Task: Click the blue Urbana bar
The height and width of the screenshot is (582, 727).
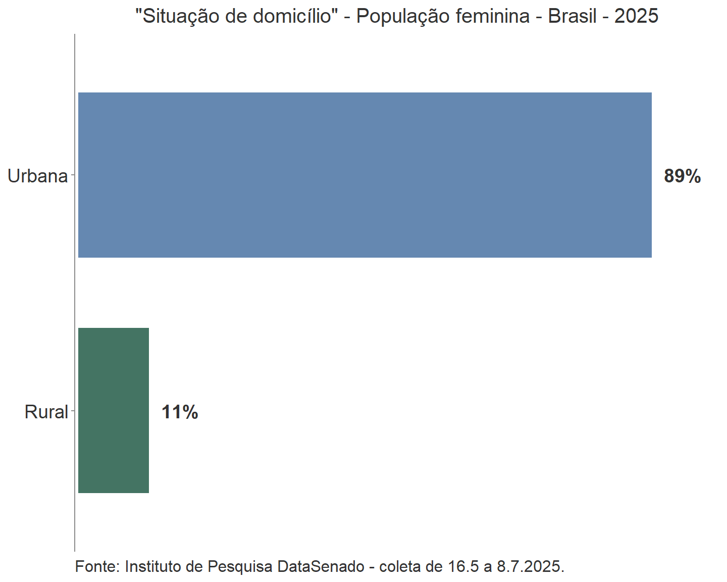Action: [x=365, y=175]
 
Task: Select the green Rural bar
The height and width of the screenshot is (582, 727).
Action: [x=114, y=410]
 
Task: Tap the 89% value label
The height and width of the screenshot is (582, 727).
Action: [x=682, y=176]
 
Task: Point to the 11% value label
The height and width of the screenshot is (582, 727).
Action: [x=180, y=412]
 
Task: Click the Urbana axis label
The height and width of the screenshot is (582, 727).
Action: [x=37, y=176]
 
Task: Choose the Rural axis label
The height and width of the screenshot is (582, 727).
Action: [x=46, y=412]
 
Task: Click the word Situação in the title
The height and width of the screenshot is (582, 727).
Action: [x=179, y=17]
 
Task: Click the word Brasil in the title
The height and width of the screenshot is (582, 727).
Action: [x=572, y=17]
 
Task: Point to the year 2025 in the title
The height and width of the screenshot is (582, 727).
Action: [x=636, y=17]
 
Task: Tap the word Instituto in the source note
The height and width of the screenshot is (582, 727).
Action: [x=153, y=566]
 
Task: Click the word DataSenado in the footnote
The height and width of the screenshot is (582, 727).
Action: [x=321, y=566]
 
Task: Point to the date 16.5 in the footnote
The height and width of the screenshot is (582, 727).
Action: [x=463, y=566]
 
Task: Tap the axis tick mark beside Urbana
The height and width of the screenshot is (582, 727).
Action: [x=73, y=175]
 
